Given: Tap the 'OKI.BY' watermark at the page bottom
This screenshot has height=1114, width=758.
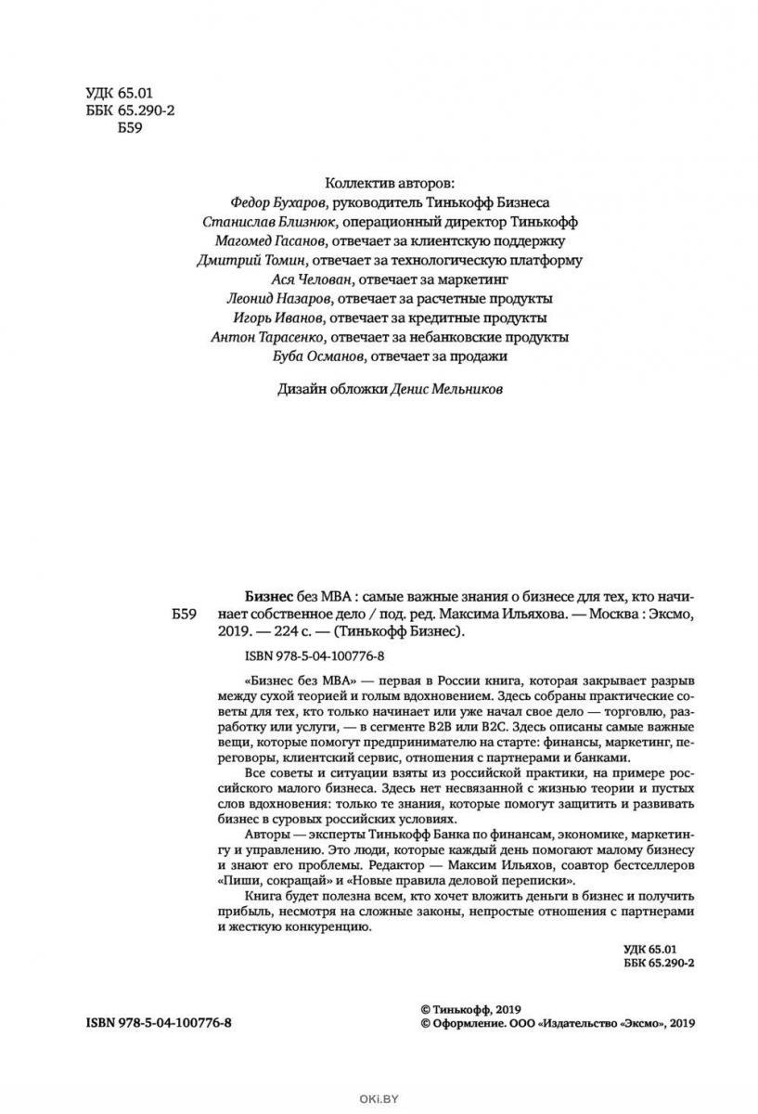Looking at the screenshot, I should coord(379,1102).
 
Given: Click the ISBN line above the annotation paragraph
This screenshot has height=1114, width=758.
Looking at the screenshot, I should coord(304,657).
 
